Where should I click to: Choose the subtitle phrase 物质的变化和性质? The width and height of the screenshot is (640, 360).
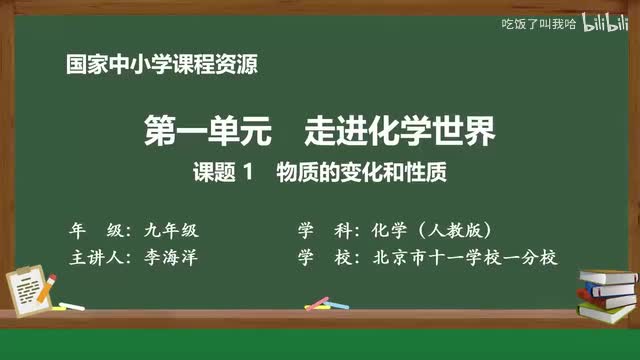tap(359, 171)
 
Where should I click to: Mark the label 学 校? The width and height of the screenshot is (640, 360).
tap(321, 257)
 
